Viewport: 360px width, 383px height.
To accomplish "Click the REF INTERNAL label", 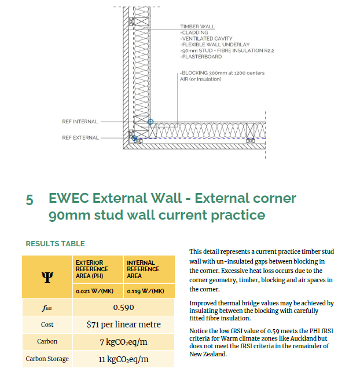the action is [x=80, y=122].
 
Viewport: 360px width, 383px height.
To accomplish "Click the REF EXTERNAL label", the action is [x=80, y=138].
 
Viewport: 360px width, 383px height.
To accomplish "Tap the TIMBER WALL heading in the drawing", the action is [x=197, y=27].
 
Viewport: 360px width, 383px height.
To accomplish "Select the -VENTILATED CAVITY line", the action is [x=206, y=39].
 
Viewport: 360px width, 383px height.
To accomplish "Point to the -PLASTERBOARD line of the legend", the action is [x=201, y=57].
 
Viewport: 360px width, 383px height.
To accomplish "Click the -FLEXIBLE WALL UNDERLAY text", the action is [x=215, y=45].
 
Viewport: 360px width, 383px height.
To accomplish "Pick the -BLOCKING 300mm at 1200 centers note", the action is [x=222, y=73].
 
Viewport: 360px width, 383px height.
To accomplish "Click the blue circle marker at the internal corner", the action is [x=150, y=122].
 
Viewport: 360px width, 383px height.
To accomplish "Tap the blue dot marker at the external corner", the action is [x=134, y=138].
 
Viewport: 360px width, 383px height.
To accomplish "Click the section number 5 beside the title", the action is [x=30, y=199].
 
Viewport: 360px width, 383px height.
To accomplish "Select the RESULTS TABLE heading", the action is [x=56, y=244].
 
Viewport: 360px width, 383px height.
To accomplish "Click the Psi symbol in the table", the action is [x=47, y=277].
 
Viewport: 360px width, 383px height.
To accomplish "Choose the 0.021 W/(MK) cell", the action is [x=95, y=291].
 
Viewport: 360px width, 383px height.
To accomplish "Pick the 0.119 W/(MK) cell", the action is [x=145, y=291].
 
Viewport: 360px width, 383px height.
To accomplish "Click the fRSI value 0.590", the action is [x=123, y=308].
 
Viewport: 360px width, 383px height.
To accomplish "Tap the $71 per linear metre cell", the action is [x=124, y=324].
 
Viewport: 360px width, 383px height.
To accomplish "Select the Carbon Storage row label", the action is [x=47, y=359].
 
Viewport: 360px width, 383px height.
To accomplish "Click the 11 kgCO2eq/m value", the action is [x=123, y=359].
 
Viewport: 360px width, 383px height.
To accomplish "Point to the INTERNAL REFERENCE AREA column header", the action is [x=143, y=269].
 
